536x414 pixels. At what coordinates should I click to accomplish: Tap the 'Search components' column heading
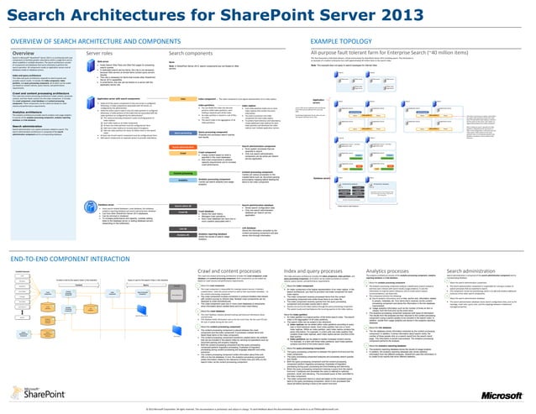(186, 52)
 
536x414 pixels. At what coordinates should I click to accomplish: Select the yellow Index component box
(180, 98)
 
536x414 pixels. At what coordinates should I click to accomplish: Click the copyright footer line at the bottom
(268, 409)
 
